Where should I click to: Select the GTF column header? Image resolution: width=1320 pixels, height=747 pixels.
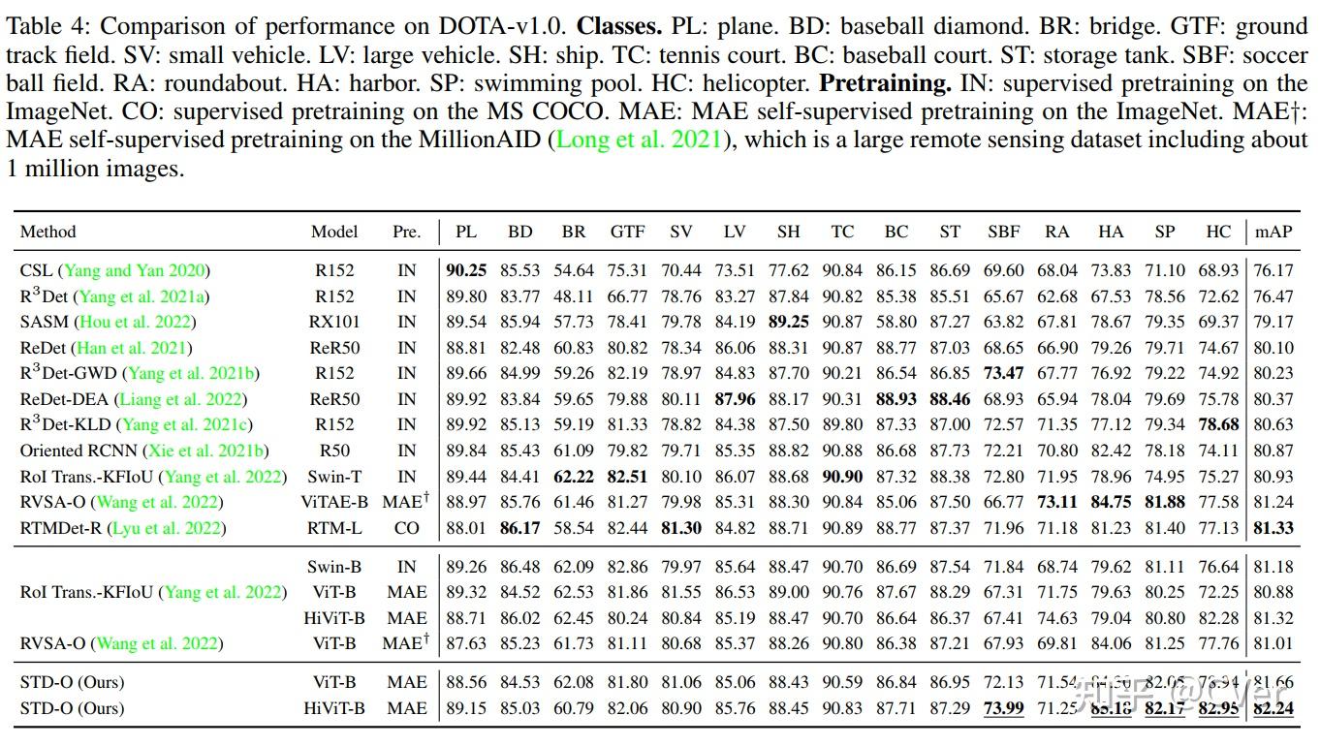tap(627, 232)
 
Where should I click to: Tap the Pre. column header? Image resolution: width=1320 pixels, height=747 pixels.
tap(407, 232)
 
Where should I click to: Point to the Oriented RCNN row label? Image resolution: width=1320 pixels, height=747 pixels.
tap(144, 451)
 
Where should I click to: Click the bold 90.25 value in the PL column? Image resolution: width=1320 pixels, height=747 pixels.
tap(466, 270)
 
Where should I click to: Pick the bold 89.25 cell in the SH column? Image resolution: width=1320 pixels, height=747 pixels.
tap(788, 322)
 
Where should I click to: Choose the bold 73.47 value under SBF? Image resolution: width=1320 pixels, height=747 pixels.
tap(1003, 373)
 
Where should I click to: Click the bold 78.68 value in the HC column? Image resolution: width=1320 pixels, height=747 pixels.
tap(1218, 424)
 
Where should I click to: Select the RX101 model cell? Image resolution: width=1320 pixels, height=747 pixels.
tap(334, 322)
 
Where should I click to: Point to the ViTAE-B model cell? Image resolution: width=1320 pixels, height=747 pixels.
tap(334, 502)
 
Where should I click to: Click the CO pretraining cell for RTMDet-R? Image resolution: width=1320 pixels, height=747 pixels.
tap(407, 528)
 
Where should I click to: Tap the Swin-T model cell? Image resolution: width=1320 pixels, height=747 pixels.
tap(334, 476)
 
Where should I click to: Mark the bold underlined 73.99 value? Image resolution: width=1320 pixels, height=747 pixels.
tap(1003, 708)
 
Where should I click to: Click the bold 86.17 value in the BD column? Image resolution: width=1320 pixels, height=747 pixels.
tap(520, 528)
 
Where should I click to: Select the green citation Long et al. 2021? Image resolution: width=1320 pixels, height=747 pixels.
tap(638, 140)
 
